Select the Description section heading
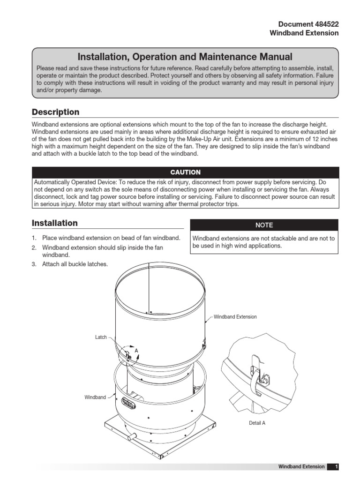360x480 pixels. coord(55,112)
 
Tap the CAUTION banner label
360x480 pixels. coord(185,172)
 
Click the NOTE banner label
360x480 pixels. coord(264,225)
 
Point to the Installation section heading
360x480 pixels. coord(54,223)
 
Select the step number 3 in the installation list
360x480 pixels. coord(34,264)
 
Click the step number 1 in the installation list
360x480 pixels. coord(34,238)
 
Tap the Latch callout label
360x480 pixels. coord(101,337)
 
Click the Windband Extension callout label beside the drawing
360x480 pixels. coord(235,317)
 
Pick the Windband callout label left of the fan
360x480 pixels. coord(95,397)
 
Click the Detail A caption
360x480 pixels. coord(257,423)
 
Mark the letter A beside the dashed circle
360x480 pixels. coord(136,350)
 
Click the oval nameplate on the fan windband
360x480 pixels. coord(128,402)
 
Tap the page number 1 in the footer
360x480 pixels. coord(336,466)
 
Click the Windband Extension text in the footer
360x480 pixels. coord(301,466)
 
